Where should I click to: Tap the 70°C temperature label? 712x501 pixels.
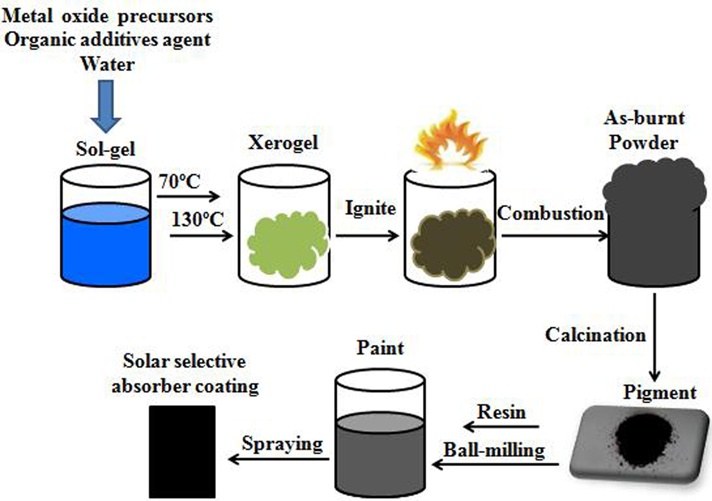click(x=180, y=182)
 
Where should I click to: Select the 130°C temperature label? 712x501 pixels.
click(x=198, y=219)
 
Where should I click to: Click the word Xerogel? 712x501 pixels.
click(x=283, y=143)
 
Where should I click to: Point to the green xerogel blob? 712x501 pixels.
click(x=288, y=244)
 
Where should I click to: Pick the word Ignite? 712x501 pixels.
click(x=370, y=209)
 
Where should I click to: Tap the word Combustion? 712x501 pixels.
click(x=551, y=213)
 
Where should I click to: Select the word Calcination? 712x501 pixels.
click(x=595, y=335)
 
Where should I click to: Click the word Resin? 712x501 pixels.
click(x=501, y=412)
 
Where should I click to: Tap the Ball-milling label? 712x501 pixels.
click(x=494, y=450)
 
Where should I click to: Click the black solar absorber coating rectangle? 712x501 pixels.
click(x=182, y=452)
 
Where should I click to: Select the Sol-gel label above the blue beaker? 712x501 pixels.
click(x=105, y=150)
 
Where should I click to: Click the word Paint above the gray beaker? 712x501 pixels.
click(x=380, y=348)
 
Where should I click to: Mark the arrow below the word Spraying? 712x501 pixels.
click(x=279, y=459)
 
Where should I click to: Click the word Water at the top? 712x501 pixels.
click(x=108, y=64)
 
